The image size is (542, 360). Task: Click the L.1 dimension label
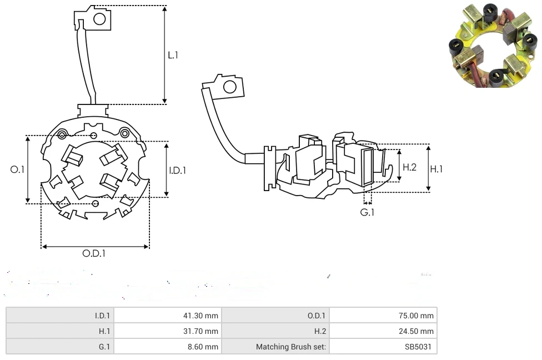point(173,55)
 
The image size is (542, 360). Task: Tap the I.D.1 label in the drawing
point(177,171)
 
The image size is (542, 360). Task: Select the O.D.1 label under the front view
point(94,253)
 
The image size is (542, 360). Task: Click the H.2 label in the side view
point(409,167)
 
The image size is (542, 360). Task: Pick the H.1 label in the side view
point(436,169)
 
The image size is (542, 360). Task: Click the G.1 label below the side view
point(367,212)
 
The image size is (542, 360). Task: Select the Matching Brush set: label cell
point(291,347)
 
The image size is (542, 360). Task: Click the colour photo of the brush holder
point(493,46)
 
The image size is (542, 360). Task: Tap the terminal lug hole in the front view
point(99,19)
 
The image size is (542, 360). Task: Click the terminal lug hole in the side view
point(228,87)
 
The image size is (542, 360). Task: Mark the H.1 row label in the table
point(103,331)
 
